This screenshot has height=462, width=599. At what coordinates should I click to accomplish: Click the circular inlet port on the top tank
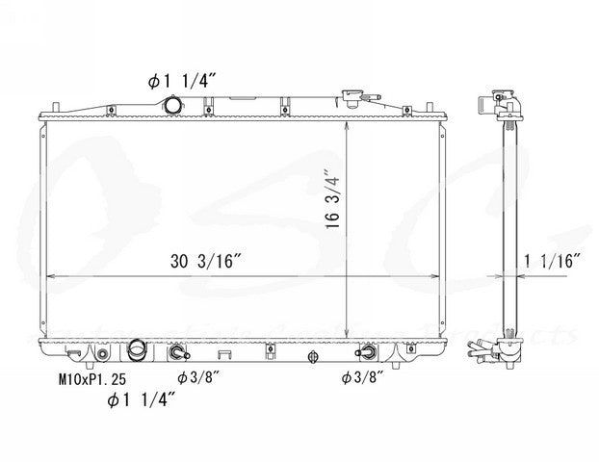tap(172, 105)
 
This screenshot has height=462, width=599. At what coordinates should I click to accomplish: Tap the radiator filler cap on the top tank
tap(349, 97)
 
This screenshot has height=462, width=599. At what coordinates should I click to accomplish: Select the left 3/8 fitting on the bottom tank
tap(179, 355)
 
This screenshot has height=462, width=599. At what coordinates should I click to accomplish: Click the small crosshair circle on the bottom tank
tap(312, 357)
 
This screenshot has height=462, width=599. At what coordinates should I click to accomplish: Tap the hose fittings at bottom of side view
tap(501, 352)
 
